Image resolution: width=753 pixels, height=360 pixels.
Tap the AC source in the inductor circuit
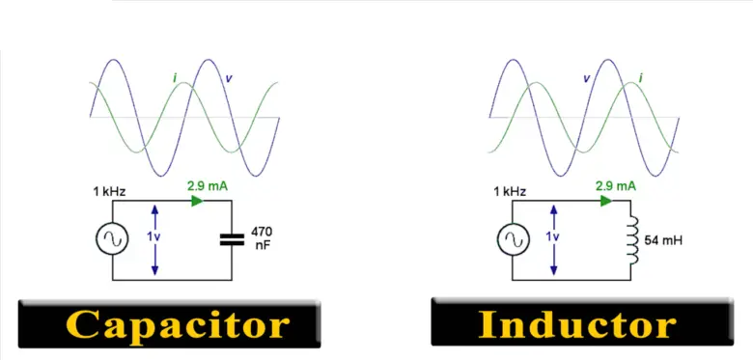coord(513,239)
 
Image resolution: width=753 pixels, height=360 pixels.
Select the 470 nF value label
coord(261,239)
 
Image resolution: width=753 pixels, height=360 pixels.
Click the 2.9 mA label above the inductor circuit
coord(615,184)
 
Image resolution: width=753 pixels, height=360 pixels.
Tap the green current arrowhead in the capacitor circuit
coord(198,202)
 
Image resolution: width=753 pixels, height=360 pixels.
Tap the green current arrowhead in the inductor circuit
coord(606,202)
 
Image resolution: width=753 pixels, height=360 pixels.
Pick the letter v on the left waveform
coord(227,76)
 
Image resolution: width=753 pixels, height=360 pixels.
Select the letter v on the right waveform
coord(586,77)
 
